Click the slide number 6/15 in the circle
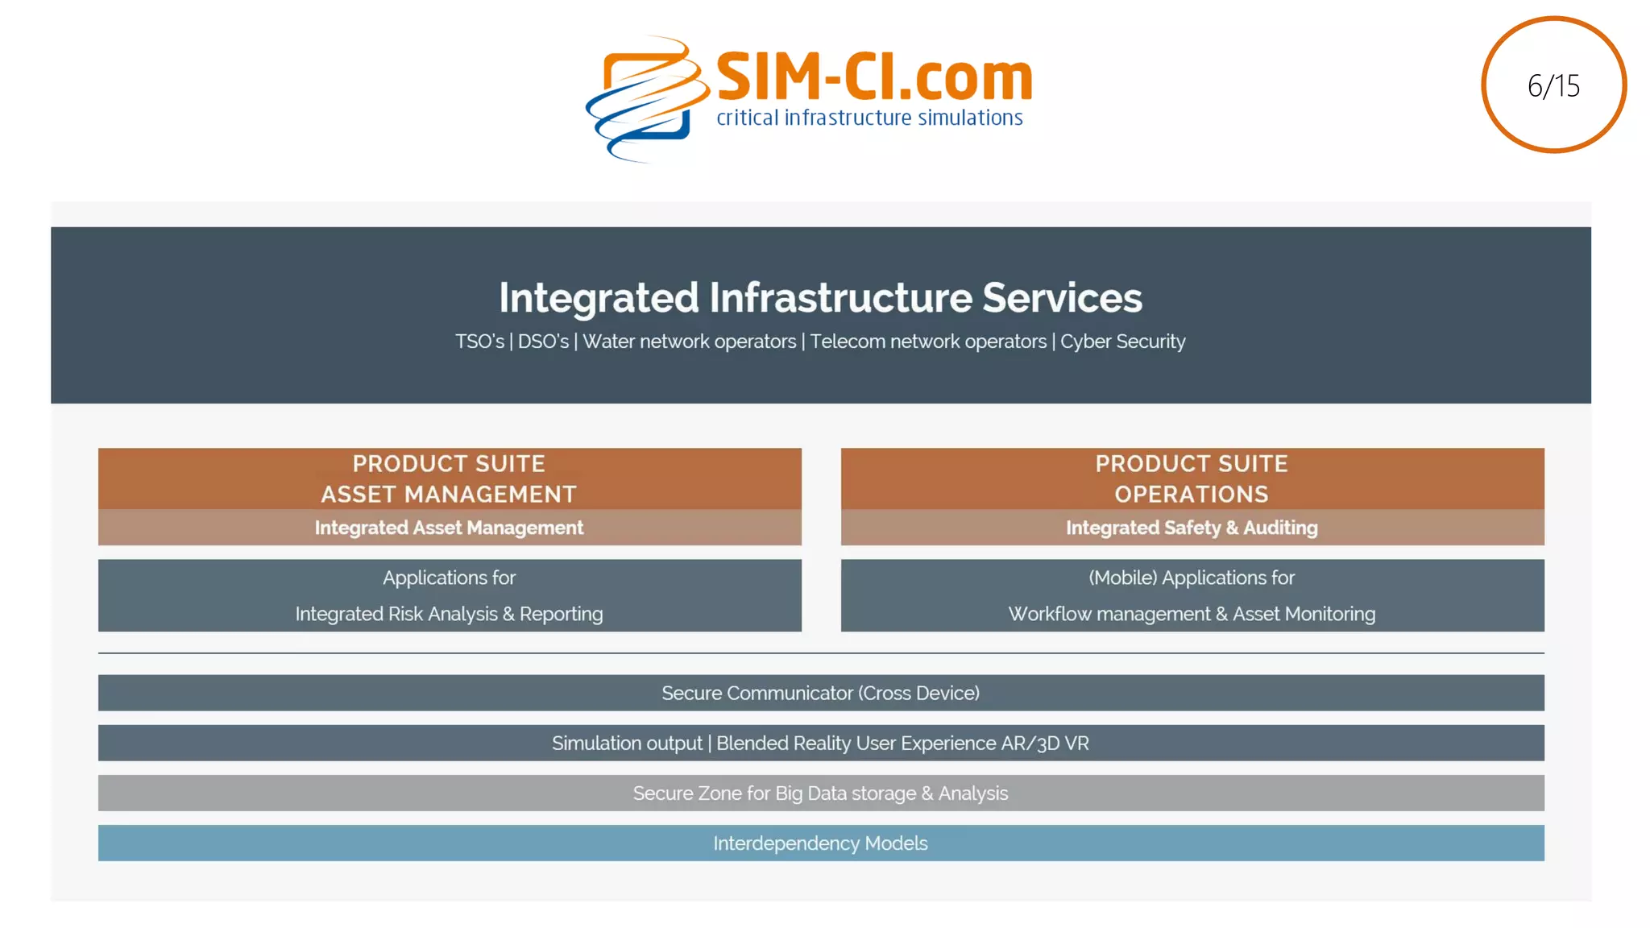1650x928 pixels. pyautogui.click(x=1553, y=85)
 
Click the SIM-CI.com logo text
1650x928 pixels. pyautogui.click(x=874, y=77)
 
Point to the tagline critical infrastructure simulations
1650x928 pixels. pyautogui.click(x=869, y=118)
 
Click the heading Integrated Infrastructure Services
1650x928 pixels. pyautogui.click(x=820, y=297)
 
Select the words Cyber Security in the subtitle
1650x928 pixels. pyautogui.click(x=1122, y=342)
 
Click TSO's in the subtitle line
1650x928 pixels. pyautogui.click(x=479, y=342)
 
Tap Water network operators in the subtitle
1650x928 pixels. pyautogui.click(x=689, y=342)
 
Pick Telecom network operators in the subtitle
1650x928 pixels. pyautogui.click(x=928, y=342)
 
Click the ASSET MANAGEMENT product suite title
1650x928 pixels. pyautogui.click(x=449, y=494)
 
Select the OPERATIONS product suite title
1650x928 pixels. pyautogui.click(x=1192, y=494)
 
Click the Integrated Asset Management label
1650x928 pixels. pyautogui.click(x=449, y=528)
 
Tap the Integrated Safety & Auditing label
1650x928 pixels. pyautogui.click(x=1192, y=528)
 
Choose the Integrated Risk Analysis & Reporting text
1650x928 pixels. pyautogui.click(x=449, y=614)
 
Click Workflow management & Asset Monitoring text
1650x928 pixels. pyautogui.click(x=1192, y=614)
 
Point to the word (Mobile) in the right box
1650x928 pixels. pyautogui.click(x=1122, y=578)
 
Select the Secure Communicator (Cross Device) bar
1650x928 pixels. pyautogui.click(x=820, y=693)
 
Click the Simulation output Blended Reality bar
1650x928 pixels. pyautogui.click(x=820, y=743)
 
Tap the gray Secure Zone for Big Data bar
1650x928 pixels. pyautogui.click(x=820, y=793)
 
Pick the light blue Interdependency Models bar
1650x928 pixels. pyautogui.click(x=820, y=843)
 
